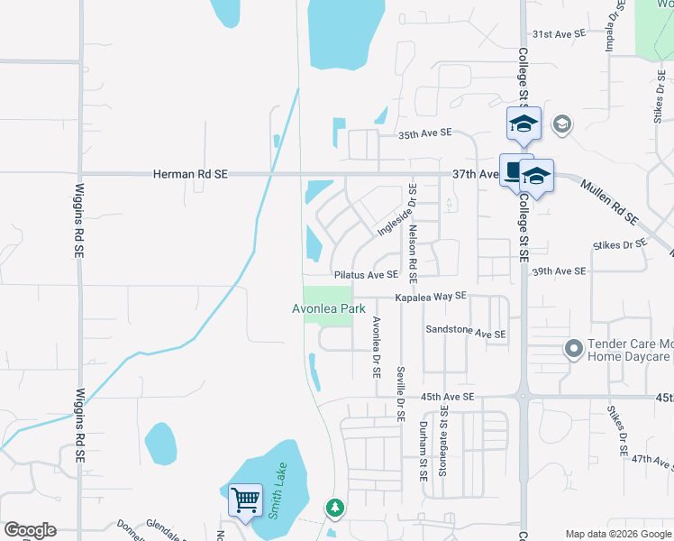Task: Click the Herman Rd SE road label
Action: [x=190, y=174]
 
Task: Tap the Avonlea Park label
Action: [x=328, y=308]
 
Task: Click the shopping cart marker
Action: [x=244, y=499]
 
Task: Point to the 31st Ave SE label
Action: [x=559, y=33]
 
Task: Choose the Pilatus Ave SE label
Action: [x=365, y=275]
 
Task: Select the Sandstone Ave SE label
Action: [x=466, y=333]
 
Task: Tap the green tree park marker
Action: [x=335, y=509]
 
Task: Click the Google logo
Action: [x=30, y=530]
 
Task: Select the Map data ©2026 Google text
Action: [x=618, y=534]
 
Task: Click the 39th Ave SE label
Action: [x=559, y=271]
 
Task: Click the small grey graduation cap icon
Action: [x=561, y=124]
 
